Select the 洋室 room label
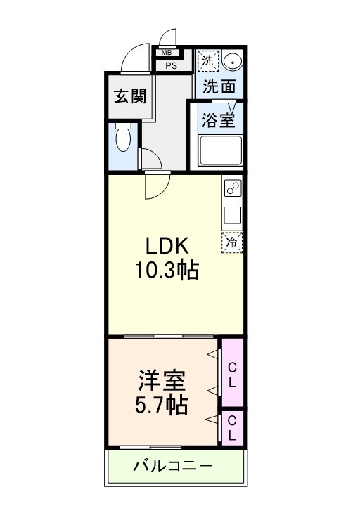(x=160, y=383)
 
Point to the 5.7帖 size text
(x=160, y=406)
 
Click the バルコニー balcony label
(x=172, y=466)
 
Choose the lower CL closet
(x=232, y=428)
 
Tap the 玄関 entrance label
(x=130, y=96)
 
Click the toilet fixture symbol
(x=124, y=140)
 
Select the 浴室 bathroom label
(x=218, y=119)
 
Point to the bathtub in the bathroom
(x=220, y=150)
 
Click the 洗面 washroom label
(x=219, y=86)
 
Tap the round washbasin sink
(x=233, y=62)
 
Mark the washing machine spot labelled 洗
(x=207, y=60)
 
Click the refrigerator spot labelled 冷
(x=232, y=242)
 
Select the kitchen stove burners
(x=232, y=188)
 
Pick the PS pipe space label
(x=171, y=66)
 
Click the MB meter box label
(x=167, y=53)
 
